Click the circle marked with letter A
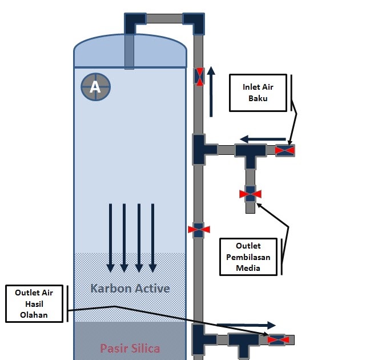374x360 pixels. tap(96, 87)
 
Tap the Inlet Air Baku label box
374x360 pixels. tap(258, 93)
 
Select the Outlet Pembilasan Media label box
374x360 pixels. tap(248, 257)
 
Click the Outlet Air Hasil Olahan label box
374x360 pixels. tap(34, 303)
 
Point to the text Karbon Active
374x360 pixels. tap(130, 289)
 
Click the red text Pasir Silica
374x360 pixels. tap(130, 349)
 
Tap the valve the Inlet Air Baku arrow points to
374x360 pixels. tap(285, 151)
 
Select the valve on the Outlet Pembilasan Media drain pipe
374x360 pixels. tap(250, 194)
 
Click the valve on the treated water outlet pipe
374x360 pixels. tap(278, 339)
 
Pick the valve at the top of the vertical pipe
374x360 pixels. tap(199, 77)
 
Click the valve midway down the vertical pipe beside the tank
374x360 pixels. tap(199, 230)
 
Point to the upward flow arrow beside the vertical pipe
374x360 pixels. tap(211, 91)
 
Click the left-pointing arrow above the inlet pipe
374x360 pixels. tap(263, 139)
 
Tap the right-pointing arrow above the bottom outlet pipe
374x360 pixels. tap(246, 325)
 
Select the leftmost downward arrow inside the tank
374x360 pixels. tap(110, 238)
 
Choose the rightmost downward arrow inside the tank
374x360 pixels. tap(152, 238)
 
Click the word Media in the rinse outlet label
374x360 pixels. tap(248, 268)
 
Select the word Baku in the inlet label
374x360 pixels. tap(258, 98)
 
